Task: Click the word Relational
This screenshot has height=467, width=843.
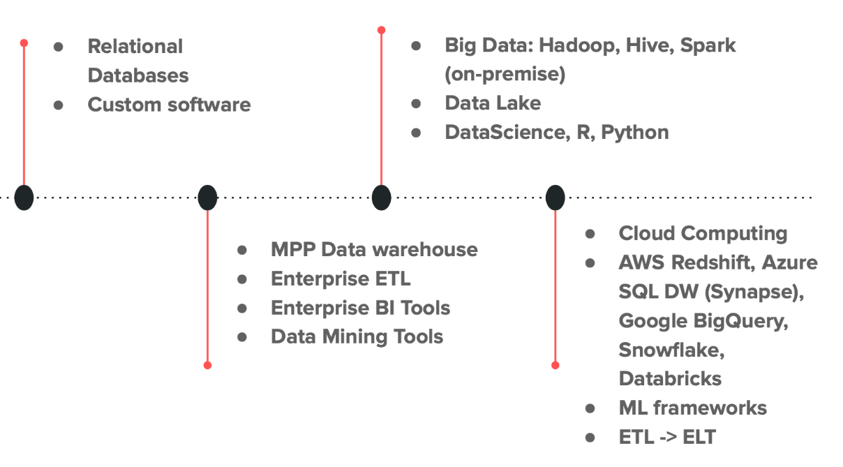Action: [135, 47]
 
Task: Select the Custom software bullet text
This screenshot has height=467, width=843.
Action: [169, 105]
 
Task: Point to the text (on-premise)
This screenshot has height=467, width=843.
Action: [505, 74]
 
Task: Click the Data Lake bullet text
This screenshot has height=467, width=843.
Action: [493, 103]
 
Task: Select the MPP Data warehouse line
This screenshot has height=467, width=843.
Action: [374, 249]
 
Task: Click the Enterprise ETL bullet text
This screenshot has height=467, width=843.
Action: [341, 279]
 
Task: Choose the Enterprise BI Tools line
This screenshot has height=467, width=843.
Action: [360, 308]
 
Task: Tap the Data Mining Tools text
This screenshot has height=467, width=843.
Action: [357, 336]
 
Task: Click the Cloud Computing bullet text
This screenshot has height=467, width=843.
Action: [703, 233]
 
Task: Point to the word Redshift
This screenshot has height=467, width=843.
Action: [710, 262]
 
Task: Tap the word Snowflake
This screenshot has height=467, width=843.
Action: [671, 350]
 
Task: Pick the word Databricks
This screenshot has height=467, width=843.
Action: [670, 378]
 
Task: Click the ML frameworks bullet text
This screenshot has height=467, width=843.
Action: [692, 408]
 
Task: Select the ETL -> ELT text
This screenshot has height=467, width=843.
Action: [667, 437]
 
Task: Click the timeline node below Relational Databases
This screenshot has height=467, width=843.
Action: [24, 198]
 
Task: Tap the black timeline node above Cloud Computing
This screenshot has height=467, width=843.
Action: [555, 198]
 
